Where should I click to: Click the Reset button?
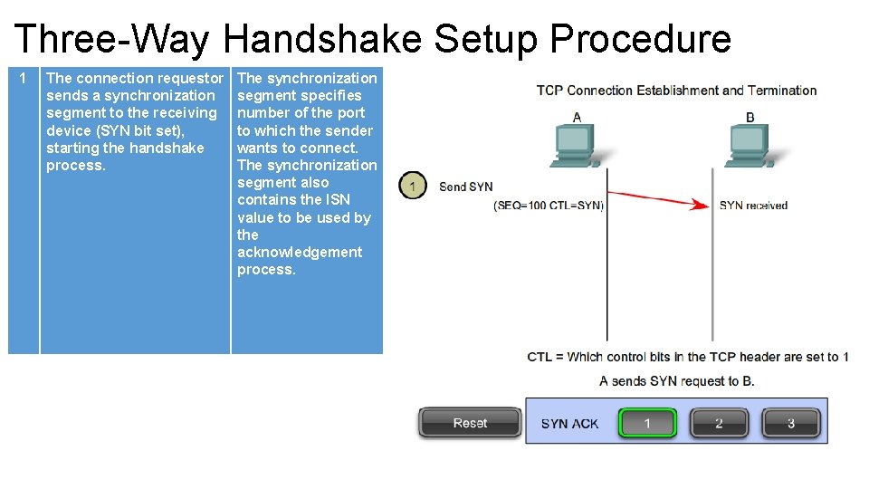point(470,423)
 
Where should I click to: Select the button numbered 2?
point(719,423)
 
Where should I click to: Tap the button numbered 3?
point(790,423)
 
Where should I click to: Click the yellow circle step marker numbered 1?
point(413,187)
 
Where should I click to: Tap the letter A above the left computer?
point(578,117)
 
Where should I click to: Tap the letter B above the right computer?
point(750,117)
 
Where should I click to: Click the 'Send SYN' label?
point(466,187)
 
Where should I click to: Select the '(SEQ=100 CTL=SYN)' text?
point(549,206)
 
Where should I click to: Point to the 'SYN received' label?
point(753,206)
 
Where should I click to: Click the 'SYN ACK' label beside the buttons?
point(569,423)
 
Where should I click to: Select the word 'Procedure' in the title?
point(640,40)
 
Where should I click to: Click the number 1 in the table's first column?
point(24,79)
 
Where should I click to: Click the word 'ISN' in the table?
point(337,200)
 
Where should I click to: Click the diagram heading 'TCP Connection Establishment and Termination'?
point(676,91)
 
